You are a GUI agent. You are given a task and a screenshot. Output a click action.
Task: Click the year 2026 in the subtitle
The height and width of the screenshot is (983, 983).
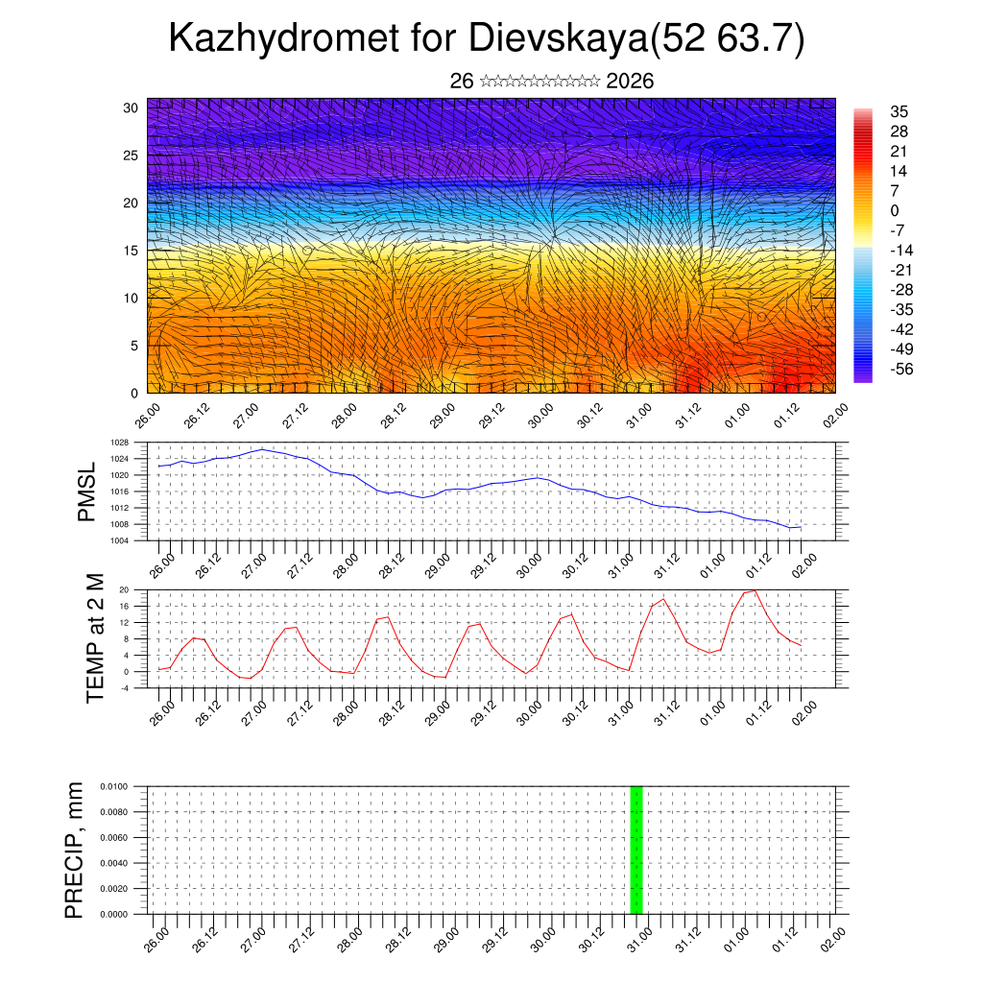coord(630,82)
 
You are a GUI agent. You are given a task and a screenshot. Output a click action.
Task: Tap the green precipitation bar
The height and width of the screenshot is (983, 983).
coord(635,850)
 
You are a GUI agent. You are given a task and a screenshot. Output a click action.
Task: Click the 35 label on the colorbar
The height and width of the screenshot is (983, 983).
coord(899,111)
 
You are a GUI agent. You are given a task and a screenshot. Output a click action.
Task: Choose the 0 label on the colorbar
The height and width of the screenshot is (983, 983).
coord(895,210)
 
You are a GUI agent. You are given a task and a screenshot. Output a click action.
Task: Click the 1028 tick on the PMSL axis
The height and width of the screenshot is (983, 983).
coord(119,444)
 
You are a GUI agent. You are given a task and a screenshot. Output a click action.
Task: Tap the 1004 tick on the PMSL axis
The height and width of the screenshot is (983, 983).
coord(119,540)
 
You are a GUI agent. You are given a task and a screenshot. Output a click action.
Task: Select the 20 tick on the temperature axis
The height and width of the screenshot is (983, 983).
coord(124,589)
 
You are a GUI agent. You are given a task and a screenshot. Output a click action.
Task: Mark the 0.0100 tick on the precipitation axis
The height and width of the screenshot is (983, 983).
coord(113,786)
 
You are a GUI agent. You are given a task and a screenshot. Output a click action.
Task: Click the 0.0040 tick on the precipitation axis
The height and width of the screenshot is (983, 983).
coord(113,863)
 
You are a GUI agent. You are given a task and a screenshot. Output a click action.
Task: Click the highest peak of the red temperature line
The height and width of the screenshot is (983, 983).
coord(755,590)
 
